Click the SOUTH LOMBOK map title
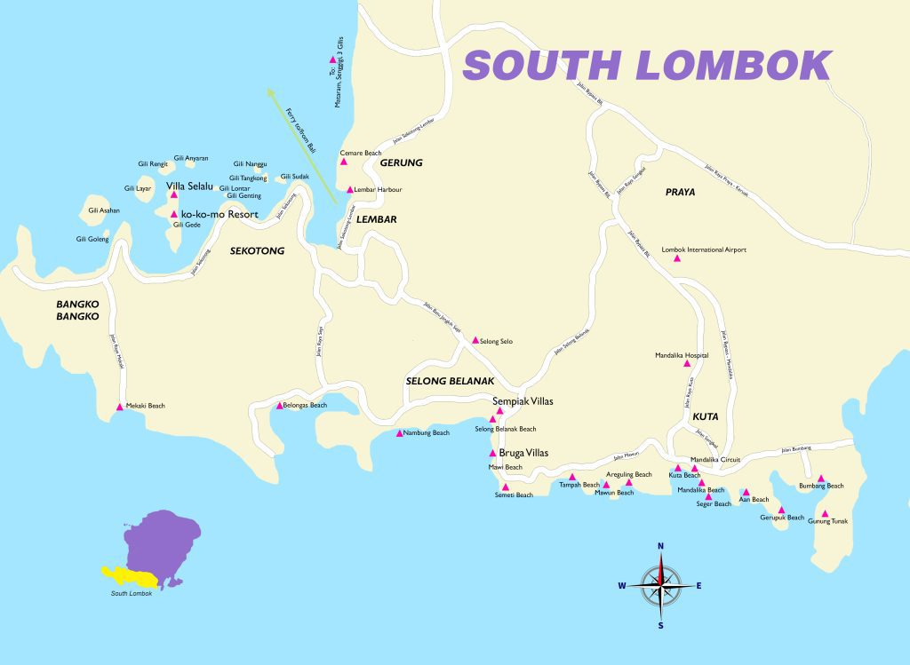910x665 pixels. click(x=647, y=66)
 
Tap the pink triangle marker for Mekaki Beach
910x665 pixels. click(x=120, y=408)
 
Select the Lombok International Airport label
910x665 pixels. click(x=704, y=250)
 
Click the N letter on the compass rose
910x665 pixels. click(x=660, y=546)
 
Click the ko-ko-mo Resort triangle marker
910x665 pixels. click(x=174, y=214)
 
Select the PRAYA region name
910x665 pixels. click(x=680, y=192)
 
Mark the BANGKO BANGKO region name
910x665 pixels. click(x=77, y=309)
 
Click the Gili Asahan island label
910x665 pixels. click(x=104, y=210)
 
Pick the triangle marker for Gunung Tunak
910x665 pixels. click(x=825, y=514)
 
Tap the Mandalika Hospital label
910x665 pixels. click(x=682, y=355)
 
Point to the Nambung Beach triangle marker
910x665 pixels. click(x=400, y=433)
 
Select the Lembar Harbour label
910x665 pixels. click(x=378, y=190)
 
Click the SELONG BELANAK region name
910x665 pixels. click(x=450, y=381)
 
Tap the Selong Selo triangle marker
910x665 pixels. click(x=475, y=340)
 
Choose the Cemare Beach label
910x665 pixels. click(x=361, y=153)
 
